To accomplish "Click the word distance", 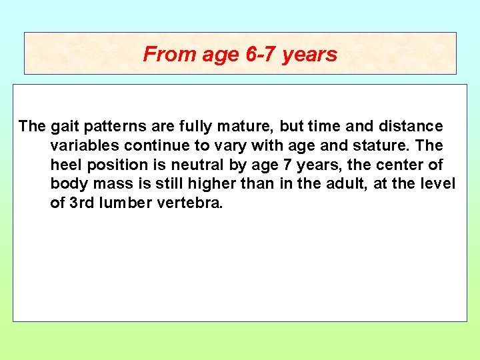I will [x=413, y=126].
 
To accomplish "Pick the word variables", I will [x=81, y=145].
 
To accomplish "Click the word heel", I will [x=65, y=165].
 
